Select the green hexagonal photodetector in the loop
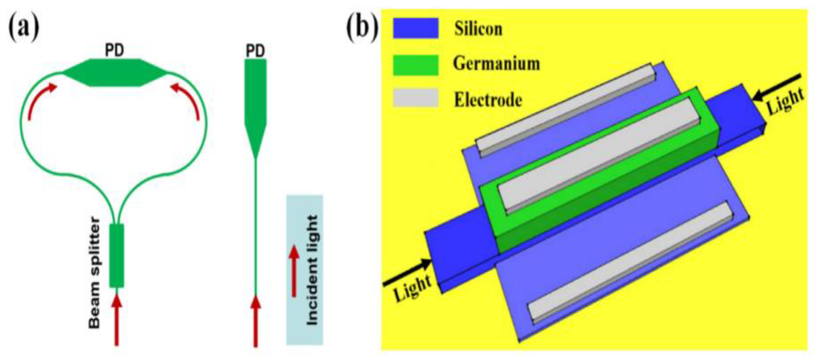[x=115, y=73]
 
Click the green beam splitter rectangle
[x=117, y=256]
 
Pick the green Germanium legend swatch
[x=416, y=65]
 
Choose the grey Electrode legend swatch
[x=416, y=98]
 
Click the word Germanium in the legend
[x=496, y=64]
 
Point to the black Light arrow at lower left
[x=407, y=272]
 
